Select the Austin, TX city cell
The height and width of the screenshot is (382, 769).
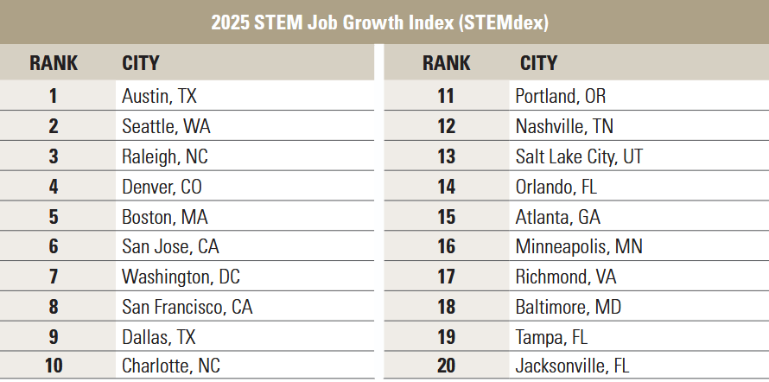pos(160,96)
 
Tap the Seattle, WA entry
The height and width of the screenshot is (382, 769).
pos(166,126)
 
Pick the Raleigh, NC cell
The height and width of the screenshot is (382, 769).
pos(165,156)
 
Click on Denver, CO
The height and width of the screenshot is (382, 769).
pos(162,187)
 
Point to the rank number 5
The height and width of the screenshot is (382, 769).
pos(54,217)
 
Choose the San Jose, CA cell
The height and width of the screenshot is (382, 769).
pos(170,247)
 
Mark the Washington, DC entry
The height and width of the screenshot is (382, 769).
pos(181,277)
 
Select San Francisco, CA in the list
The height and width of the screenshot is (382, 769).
pos(187,307)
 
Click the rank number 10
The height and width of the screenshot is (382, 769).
pos(54,366)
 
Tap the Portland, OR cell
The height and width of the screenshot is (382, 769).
pos(561,96)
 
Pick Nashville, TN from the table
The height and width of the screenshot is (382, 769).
pos(564,126)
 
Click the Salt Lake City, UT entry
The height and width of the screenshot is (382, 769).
pos(579,156)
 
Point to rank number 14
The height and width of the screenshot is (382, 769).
pos(446,187)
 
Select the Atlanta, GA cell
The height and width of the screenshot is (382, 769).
pos(557,217)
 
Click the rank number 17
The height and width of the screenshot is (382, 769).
pos(446,277)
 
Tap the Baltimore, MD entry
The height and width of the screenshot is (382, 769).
pos(568,307)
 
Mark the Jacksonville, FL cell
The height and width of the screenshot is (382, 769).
pos(572,366)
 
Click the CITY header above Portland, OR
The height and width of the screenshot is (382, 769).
pos(538,63)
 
